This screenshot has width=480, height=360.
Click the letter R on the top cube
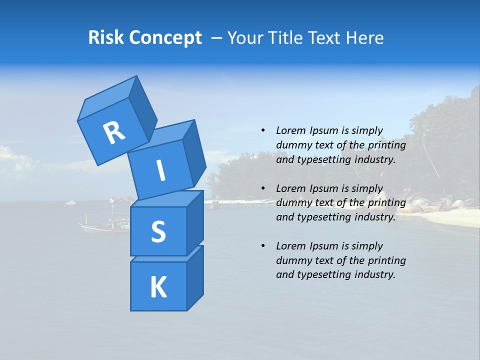114,132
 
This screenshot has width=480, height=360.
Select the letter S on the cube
158,231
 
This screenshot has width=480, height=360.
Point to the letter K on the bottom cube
158,287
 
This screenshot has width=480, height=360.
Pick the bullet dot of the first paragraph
263,131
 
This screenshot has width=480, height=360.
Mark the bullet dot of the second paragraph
263,189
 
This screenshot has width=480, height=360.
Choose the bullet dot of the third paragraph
263,246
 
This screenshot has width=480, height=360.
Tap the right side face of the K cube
195,277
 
